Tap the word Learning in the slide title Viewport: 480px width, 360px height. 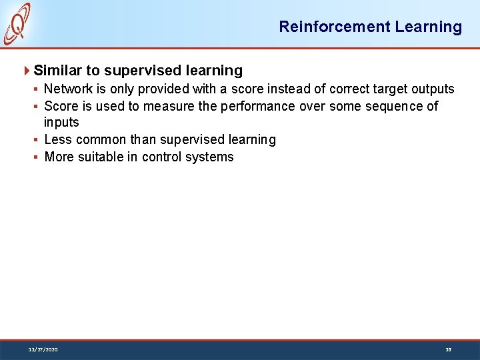428,27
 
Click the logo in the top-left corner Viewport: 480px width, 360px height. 17,23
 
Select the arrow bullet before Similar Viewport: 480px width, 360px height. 27,71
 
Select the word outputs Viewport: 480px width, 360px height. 431,89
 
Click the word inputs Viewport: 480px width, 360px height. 61,123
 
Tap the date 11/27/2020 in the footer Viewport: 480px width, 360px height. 43,349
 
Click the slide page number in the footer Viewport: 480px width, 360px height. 448,349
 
